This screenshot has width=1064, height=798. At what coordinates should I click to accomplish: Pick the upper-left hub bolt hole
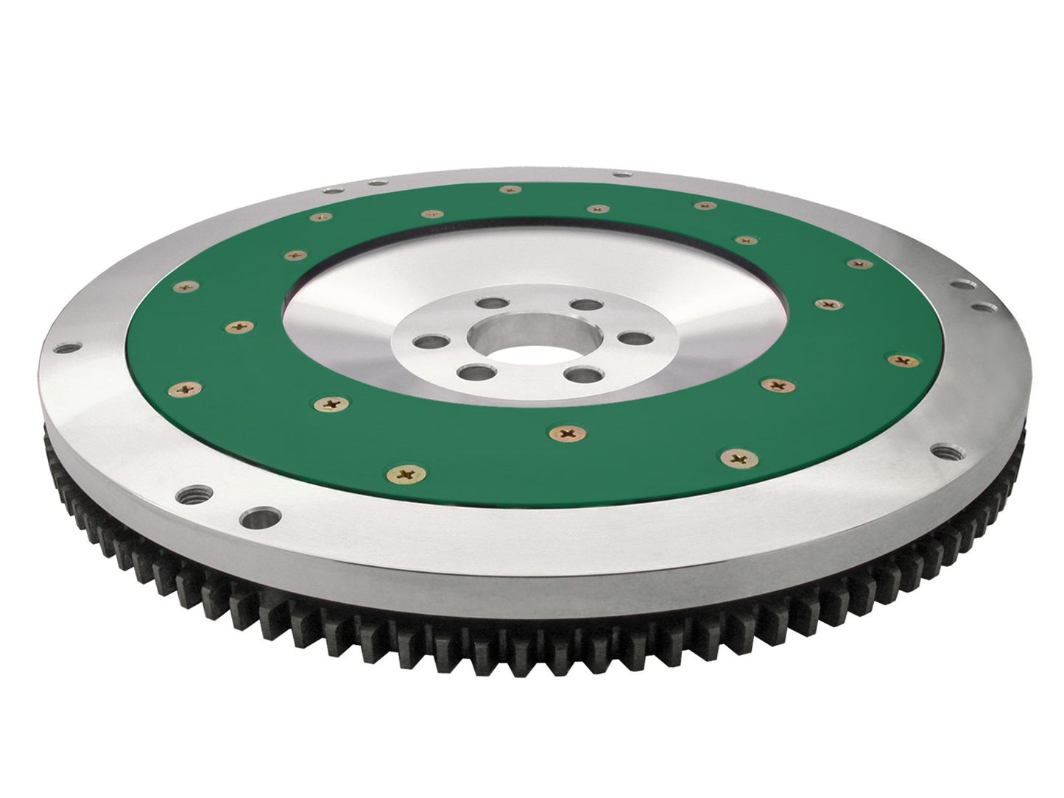point(487,303)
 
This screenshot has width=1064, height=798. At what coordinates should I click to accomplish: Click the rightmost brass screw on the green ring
point(900,359)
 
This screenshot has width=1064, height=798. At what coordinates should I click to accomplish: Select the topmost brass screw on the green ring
point(507,190)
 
